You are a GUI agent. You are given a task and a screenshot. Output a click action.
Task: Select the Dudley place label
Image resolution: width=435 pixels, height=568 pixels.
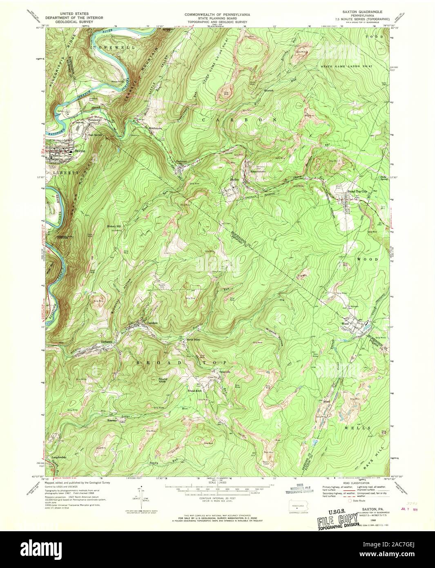[234, 179]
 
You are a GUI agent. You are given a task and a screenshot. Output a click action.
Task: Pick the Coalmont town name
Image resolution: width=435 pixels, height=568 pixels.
[181, 161]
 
